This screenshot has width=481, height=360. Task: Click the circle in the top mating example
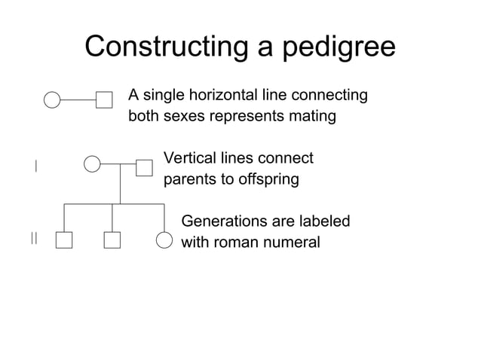(51, 99)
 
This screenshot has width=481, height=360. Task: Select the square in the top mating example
(104, 99)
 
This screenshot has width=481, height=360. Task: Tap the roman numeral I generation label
(35, 166)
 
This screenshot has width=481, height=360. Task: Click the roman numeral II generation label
(34, 239)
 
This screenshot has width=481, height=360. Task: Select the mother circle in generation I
(91, 164)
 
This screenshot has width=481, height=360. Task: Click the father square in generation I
(144, 166)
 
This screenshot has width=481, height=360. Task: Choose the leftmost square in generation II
(63, 240)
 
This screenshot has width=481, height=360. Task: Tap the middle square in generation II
(112, 240)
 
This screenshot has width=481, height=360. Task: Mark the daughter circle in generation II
(164, 240)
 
